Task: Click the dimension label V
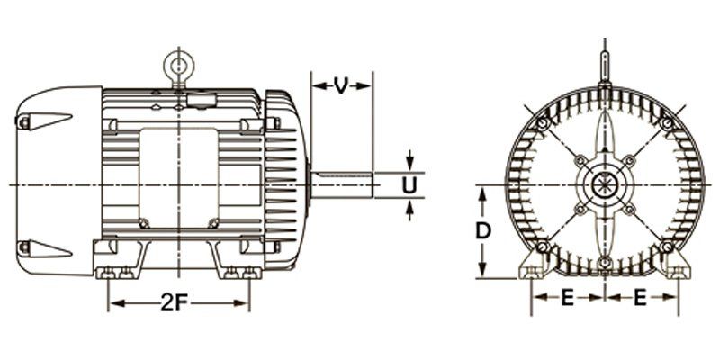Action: click(x=340, y=85)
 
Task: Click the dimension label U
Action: click(x=409, y=185)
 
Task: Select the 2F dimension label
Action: click(x=175, y=302)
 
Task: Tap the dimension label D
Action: click(x=482, y=231)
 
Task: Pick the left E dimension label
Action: click(x=568, y=299)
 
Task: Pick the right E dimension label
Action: click(x=640, y=299)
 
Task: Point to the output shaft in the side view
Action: click(x=342, y=185)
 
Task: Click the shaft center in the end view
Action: click(x=605, y=185)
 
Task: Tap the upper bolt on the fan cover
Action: click(x=23, y=122)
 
